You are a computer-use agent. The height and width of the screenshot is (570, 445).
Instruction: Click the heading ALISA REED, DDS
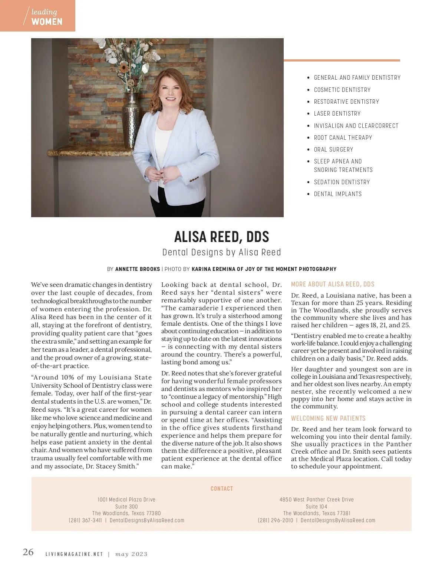click(x=221, y=236)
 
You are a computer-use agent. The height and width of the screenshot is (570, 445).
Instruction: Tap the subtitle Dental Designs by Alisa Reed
click(x=221, y=252)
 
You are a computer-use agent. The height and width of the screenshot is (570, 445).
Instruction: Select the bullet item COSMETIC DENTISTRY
click(x=342, y=90)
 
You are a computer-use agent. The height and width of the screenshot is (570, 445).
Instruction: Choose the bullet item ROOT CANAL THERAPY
click(x=343, y=137)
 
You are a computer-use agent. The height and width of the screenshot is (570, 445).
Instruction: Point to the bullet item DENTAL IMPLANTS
click(x=337, y=194)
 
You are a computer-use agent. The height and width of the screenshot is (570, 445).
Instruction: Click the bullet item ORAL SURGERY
click(x=333, y=149)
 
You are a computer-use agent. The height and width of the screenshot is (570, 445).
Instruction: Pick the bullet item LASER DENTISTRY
click(x=337, y=113)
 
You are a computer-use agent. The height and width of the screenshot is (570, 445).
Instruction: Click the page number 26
click(x=28, y=552)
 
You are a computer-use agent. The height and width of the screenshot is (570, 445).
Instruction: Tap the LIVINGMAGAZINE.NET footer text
click(x=74, y=554)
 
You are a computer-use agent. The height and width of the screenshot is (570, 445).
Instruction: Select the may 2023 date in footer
click(x=131, y=554)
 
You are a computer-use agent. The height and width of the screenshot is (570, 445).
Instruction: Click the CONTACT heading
click(x=221, y=488)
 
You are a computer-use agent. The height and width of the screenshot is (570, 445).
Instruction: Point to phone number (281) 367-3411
click(x=85, y=520)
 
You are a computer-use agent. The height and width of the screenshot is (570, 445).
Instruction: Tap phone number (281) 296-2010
click(x=275, y=520)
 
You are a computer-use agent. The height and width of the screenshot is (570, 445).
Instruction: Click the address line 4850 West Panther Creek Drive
click(x=316, y=500)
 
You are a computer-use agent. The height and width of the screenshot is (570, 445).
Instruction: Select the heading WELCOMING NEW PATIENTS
click(x=328, y=418)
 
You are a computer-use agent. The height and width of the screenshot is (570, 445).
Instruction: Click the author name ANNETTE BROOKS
click(x=138, y=269)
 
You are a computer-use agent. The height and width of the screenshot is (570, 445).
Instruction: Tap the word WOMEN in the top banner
click(x=47, y=21)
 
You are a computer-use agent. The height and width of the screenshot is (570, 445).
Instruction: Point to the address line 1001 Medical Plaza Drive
click(x=126, y=500)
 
